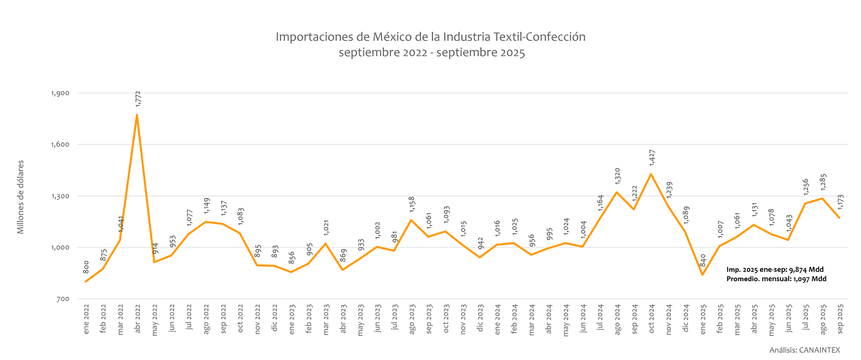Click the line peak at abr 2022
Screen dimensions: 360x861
point(137,115)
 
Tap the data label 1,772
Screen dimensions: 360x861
point(138,99)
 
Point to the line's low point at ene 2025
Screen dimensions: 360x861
point(702,275)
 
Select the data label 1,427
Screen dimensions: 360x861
point(652,158)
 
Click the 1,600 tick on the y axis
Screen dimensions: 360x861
point(60,144)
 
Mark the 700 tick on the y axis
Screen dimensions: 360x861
point(63,299)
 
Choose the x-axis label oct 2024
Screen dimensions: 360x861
point(652,319)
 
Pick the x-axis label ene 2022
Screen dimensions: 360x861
point(86,319)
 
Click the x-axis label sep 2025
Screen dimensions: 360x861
point(840,319)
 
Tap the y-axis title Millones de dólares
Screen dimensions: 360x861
point(21,197)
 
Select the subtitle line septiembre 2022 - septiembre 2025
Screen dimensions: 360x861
point(431,52)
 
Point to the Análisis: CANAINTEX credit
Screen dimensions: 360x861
point(804,350)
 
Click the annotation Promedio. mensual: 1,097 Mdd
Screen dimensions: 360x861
point(776,279)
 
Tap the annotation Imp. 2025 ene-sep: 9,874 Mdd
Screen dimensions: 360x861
point(775,269)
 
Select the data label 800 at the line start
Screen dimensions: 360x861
point(86,267)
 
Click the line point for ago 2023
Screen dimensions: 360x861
point(411,220)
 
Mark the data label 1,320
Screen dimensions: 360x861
point(617,176)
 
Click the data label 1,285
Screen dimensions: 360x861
point(823,182)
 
